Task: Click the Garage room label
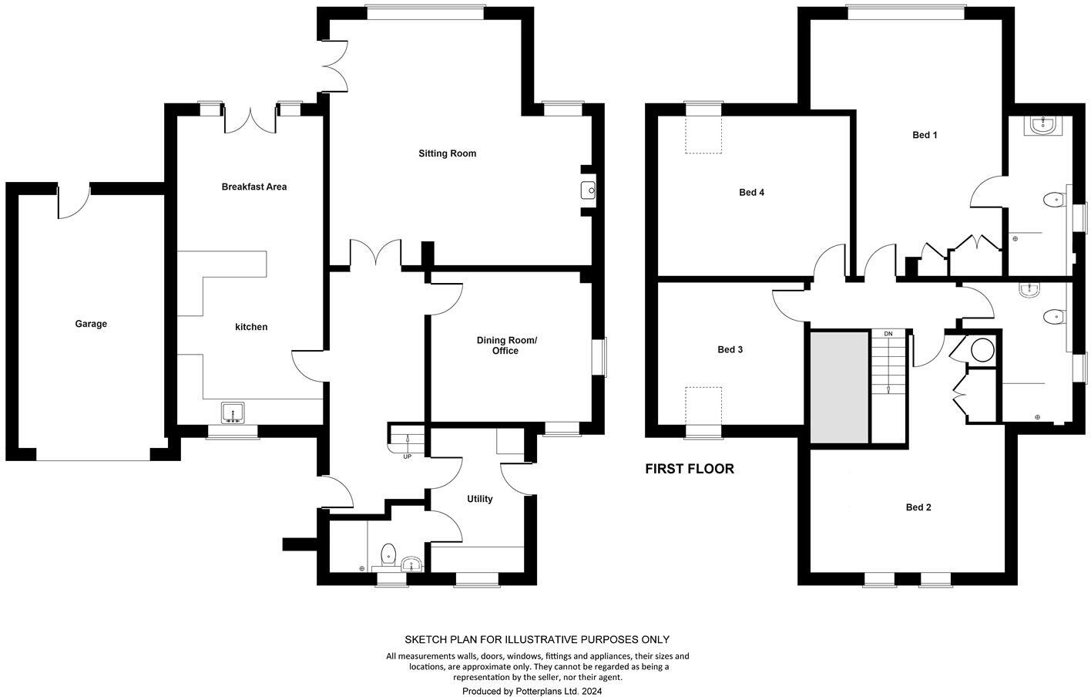[x=91, y=324]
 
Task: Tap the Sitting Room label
[x=447, y=153]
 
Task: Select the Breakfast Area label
[x=253, y=187]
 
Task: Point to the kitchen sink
[x=232, y=413]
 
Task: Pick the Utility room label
[x=479, y=499]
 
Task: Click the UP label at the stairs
[x=407, y=456]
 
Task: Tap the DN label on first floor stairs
[x=888, y=334]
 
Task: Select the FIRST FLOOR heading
[x=689, y=469]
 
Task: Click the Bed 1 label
[x=925, y=135]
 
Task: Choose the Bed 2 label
[x=918, y=507]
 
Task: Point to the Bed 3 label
[x=730, y=349]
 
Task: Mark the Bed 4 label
[x=751, y=192]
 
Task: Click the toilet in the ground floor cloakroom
[x=389, y=554]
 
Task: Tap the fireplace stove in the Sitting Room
[x=588, y=190]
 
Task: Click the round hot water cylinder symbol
[x=982, y=351]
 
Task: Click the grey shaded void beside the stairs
[x=839, y=387]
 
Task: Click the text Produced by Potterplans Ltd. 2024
[x=532, y=691]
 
